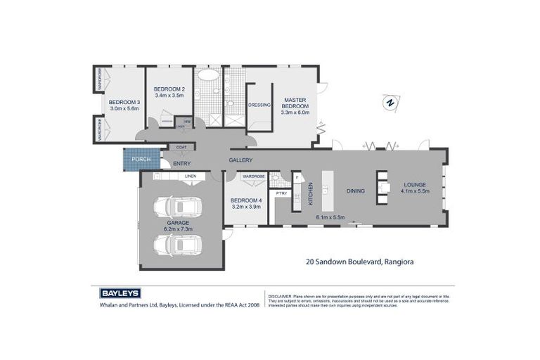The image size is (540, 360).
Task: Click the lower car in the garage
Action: (179, 244)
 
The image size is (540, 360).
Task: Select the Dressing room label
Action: (259, 105)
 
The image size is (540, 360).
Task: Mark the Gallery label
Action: (240, 160)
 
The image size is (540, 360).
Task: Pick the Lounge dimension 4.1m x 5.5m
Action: (414, 191)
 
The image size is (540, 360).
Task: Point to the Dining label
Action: (354, 191)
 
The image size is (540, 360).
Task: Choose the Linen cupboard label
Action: (190, 176)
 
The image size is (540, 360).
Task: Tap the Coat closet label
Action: (181, 147)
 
